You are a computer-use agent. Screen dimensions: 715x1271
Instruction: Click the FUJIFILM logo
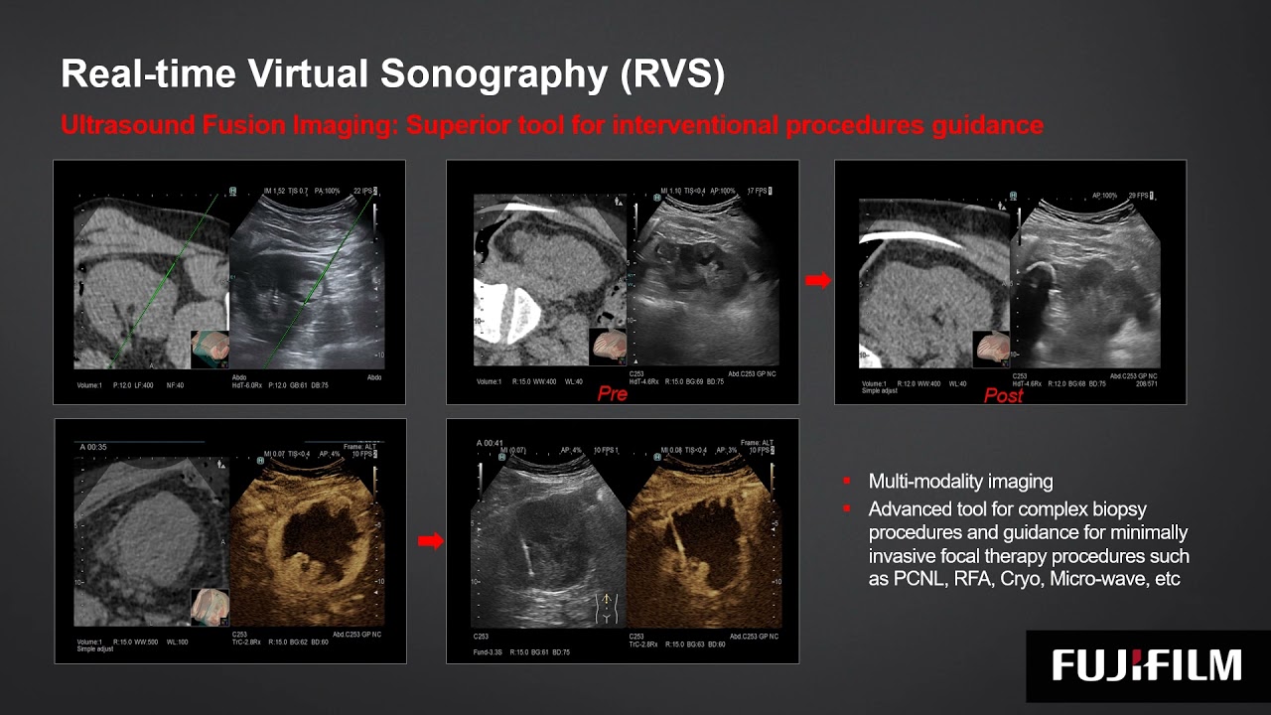point(1147,664)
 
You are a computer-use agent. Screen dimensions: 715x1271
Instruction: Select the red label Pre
point(613,394)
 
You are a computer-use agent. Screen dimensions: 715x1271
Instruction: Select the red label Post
point(1003,395)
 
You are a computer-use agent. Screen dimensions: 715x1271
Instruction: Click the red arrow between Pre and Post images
point(817,281)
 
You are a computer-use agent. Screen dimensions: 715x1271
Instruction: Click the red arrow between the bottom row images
point(429,541)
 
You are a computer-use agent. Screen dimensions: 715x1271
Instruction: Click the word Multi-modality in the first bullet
point(928,482)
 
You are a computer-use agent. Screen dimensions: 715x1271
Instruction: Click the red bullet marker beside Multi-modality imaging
point(847,482)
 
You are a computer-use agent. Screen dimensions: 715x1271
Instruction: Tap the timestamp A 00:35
point(93,447)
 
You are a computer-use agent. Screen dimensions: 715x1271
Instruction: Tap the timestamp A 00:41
point(491,443)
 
